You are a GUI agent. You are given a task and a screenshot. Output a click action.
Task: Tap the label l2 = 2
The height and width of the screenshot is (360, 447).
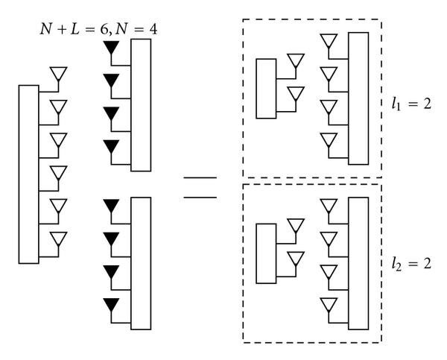pyautogui.click(x=419, y=263)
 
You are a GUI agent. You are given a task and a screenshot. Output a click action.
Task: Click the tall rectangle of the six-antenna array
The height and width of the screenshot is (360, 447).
pyautogui.click(x=28, y=174)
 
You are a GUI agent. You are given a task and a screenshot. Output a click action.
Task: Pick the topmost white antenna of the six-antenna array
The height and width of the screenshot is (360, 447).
pyautogui.click(x=58, y=74)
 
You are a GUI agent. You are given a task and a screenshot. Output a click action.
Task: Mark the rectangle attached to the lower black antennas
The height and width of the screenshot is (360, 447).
pyautogui.click(x=141, y=262)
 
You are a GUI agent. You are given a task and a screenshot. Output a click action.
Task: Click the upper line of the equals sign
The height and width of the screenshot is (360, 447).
pyautogui.click(x=200, y=179)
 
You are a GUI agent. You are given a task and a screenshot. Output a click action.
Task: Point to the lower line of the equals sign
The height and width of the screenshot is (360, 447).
pyautogui.click(x=200, y=197)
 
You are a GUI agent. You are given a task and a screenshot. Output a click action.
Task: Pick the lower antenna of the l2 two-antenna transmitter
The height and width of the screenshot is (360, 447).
pyautogui.click(x=296, y=259)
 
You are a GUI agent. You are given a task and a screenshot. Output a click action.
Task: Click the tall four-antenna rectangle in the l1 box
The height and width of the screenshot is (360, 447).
pyautogui.click(x=358, y=98)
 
